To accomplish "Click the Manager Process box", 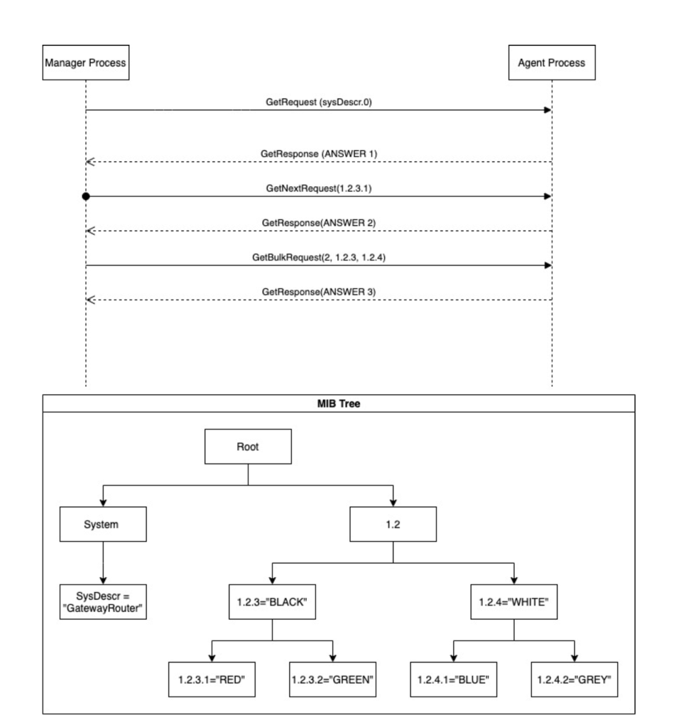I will pos(85,62).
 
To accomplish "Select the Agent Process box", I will pos(551,62).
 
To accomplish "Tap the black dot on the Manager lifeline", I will pos(86,197).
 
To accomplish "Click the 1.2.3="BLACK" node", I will pos(273,601).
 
